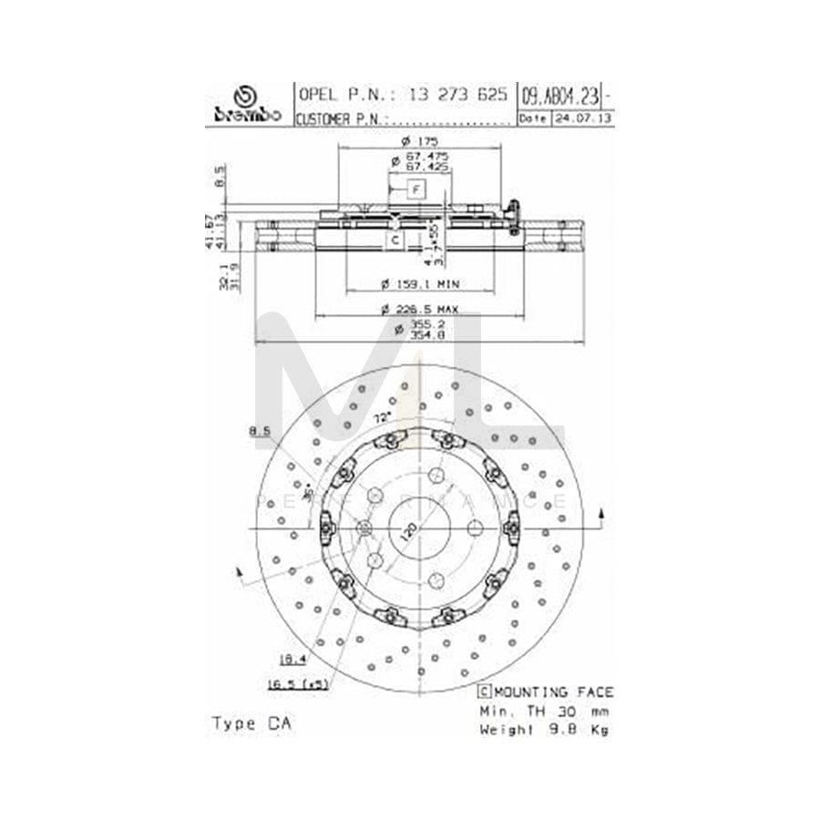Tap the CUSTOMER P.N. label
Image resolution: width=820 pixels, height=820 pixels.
[x=341, y=118]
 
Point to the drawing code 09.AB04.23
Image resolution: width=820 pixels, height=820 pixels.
[x=560, y=95]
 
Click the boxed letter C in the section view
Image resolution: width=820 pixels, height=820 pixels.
[x=395, y=240]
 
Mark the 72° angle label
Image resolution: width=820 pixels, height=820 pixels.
[x=383, y=416]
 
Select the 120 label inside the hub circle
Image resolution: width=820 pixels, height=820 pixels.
[x=410, y=531]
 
